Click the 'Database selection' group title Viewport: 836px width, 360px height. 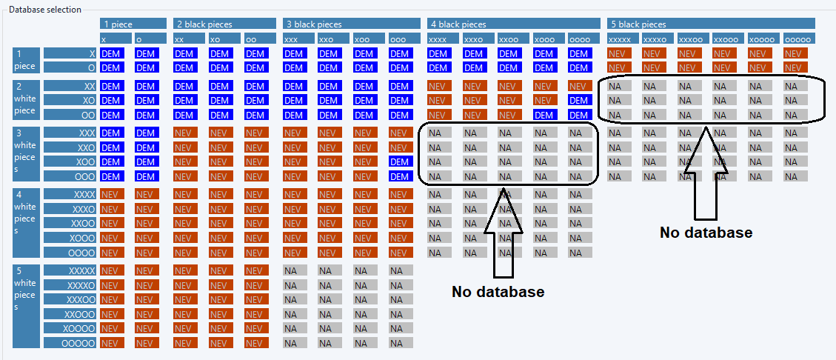pos(45,10)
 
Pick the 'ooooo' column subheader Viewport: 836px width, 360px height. pos(799,39)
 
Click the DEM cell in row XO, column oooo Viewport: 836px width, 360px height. pos(580,100)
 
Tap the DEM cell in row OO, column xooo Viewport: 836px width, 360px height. pos(546,114)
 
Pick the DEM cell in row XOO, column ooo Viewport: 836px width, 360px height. pos(401,161)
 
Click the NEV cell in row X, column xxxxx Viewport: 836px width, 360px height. pos(620,53)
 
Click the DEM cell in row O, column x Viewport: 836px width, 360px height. pos(112,67)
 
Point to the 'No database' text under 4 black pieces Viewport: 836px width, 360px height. pos(498,292)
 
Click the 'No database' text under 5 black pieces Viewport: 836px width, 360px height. pos(706,233)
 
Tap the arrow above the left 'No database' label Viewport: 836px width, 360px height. pos(504,235)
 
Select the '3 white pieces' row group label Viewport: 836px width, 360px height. pos(26,153)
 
